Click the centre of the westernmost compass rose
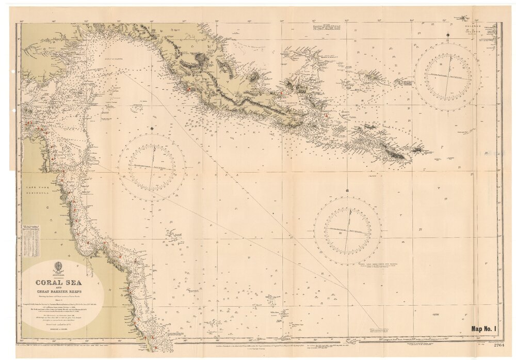point(152,167)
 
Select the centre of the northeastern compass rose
point(447,76)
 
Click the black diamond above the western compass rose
point(153,127)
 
